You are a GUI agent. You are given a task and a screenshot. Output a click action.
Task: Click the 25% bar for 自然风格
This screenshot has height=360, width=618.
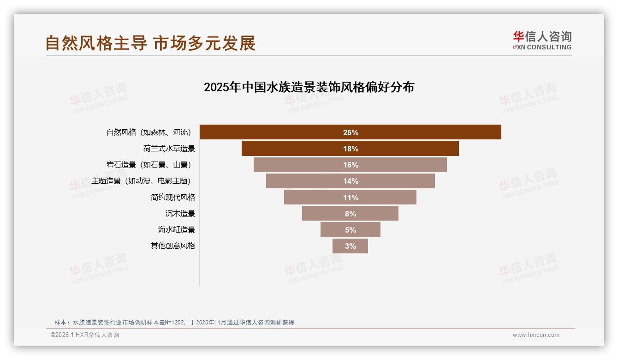tap(350, 132)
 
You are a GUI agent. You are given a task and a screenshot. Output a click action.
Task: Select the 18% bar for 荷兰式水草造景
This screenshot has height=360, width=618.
tap(350, 149)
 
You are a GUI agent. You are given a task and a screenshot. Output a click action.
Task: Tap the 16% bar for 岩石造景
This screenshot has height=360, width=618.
tap(350, 165)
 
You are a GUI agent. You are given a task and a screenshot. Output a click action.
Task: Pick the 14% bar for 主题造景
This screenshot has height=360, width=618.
tap(350, 181)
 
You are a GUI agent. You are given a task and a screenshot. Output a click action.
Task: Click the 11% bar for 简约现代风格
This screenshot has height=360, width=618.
tap(350, 198)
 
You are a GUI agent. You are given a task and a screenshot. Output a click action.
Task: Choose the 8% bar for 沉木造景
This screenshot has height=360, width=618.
tap(350, 214)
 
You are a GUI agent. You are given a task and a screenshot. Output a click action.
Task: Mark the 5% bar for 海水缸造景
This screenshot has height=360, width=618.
tap(350, 230)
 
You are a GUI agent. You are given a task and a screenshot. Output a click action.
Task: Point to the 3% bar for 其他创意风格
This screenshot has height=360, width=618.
tap(350, 246)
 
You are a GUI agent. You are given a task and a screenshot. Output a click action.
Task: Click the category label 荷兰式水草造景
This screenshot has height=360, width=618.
tap(169, 149)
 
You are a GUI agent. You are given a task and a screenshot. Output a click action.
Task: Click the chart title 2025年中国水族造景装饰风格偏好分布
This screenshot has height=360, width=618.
tap(309, 87)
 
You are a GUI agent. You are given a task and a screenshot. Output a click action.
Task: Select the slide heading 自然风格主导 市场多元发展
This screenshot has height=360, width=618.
tap(150, 43)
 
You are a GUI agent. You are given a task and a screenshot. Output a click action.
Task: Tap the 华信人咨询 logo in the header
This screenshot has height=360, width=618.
tap(542, 40)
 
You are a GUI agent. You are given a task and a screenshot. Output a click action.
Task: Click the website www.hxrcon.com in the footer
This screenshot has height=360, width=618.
tap(536, 335)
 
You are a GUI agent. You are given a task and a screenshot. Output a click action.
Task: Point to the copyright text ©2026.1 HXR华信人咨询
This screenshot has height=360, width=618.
tap(85, 335)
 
